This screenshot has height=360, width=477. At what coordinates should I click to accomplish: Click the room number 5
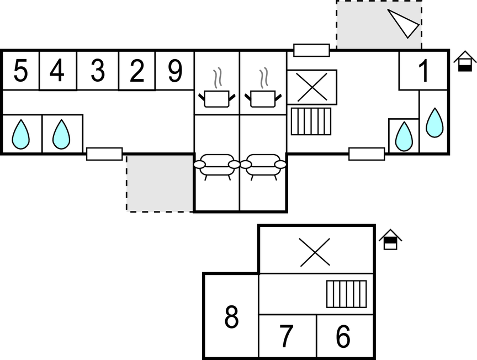(x=20, y=71)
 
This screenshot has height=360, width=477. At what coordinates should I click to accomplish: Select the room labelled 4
(x=57, y=71)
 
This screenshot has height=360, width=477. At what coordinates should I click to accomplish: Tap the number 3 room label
(x=97, y=71)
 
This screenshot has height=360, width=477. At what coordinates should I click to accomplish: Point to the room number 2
(x=137, y=71)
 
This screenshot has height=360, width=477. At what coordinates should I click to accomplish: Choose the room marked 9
(x=174, y=71)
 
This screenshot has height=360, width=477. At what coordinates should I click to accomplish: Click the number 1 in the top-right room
(x=423, y=72)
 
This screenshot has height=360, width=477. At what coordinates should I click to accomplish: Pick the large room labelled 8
(x=232, y=317)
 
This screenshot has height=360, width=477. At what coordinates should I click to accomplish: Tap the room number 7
(x=286, y=337)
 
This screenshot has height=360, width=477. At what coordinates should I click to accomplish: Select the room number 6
(x=343, y=337)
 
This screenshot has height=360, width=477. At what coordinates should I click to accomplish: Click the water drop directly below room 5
(x=21, y=134)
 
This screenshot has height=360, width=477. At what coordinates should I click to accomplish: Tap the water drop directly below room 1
(x=435, y=122)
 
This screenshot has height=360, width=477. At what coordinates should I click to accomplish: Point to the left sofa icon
(x=216, y=165)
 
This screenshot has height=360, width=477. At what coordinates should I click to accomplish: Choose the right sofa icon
(x=263, y=165)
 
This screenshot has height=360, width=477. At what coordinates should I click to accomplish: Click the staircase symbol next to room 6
(x=346, y=294)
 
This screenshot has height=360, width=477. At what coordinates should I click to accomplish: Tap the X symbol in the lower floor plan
(x=314, y=252)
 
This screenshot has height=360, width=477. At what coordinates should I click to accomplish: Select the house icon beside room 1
(x=465, y=61)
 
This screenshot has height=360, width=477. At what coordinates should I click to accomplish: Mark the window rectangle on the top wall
(x=311, y=50)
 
